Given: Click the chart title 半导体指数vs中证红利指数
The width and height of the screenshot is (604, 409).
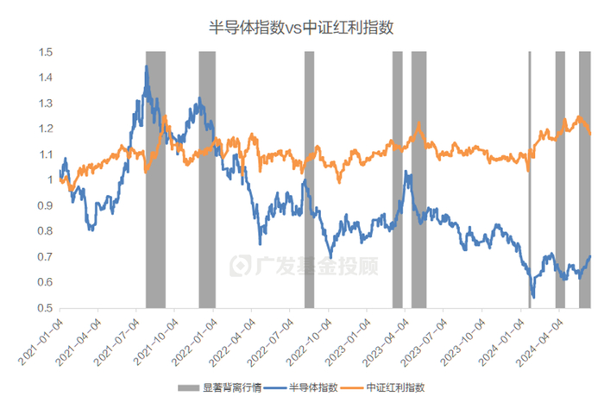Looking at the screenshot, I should pos(302,27).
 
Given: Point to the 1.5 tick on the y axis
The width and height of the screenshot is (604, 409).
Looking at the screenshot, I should pos(44,53).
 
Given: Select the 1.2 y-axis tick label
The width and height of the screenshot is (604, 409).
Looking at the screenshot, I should pos(44,129).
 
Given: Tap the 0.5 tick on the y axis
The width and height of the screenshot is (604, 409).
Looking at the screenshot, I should pos(44,308).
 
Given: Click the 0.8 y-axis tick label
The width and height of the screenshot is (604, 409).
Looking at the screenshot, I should pos(44,231).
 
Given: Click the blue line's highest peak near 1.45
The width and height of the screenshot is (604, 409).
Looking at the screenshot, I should pos(147,66).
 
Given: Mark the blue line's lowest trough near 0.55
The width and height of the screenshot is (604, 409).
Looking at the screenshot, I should pos(533,297).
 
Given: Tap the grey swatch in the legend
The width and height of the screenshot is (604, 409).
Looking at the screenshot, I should pos(188,388).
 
